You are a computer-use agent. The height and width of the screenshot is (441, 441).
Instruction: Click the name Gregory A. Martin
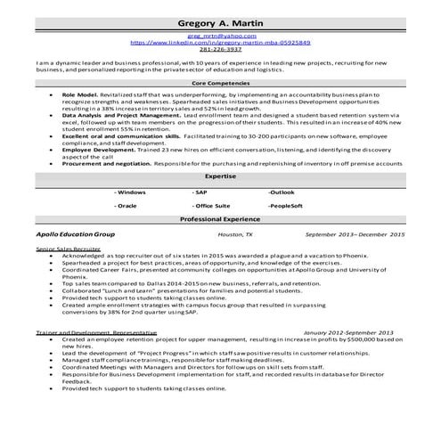220,21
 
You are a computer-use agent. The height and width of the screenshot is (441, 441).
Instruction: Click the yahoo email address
220,36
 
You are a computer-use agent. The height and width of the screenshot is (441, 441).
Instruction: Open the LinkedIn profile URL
220,43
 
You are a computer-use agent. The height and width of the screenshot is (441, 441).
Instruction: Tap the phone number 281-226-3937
220,50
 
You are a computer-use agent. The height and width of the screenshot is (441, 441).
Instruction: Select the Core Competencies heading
220,81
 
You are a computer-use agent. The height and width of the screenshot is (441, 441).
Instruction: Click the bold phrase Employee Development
97,151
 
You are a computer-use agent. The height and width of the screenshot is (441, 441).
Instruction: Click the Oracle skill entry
127,206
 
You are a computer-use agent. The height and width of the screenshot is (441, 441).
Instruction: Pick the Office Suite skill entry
211,206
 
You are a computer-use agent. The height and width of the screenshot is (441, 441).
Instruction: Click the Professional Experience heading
220,219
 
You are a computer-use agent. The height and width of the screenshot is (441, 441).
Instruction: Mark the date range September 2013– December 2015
354,233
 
